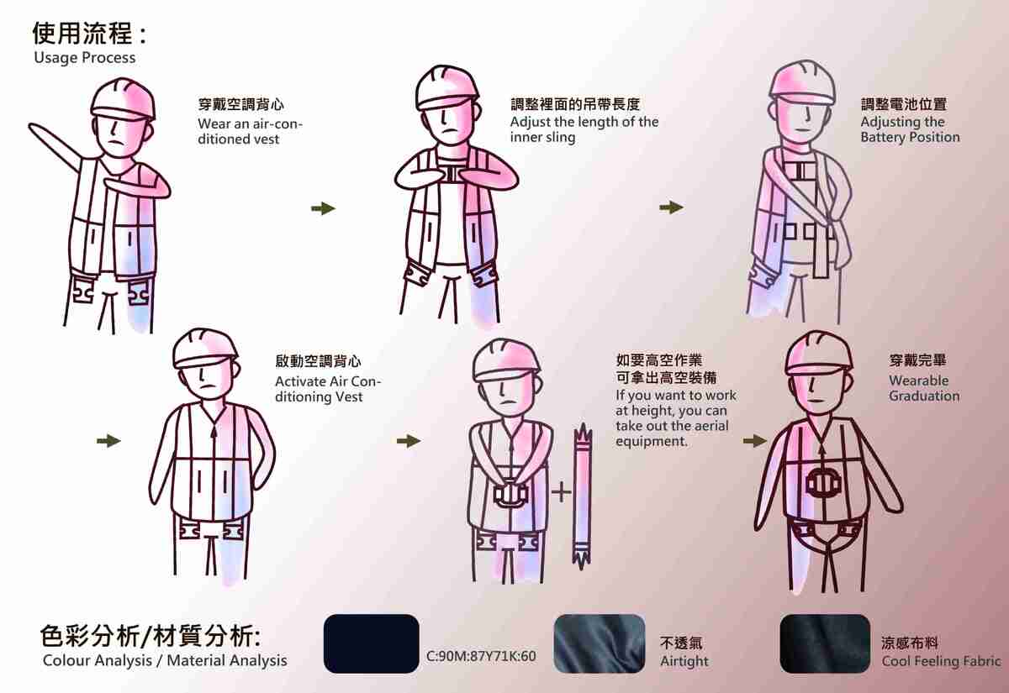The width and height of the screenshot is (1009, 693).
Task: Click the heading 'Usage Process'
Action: pos(84,58)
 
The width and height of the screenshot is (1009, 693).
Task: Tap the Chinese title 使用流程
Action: pos(82,34)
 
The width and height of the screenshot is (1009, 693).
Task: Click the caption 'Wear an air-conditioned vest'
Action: pos(250,132)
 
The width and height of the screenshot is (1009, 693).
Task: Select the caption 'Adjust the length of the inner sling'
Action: pos(584,129)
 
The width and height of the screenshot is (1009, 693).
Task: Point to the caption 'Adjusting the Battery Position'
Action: pos(909,129)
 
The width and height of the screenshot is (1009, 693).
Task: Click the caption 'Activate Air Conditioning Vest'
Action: pos(328,388)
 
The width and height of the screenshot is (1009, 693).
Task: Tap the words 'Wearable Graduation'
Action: pos(923,388)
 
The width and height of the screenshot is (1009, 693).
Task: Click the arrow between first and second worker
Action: pos(323,208)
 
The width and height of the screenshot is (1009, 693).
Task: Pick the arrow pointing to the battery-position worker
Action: pos(670,208)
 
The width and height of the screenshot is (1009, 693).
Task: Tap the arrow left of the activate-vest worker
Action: pos(108,440)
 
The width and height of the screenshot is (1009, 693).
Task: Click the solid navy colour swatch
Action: pos(371,643)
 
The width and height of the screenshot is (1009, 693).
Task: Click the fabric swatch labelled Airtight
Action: pos(600,643)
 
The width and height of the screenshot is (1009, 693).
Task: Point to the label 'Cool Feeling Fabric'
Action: pos(941,661)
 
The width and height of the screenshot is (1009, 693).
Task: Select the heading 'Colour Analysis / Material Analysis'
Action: pos(165,660)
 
